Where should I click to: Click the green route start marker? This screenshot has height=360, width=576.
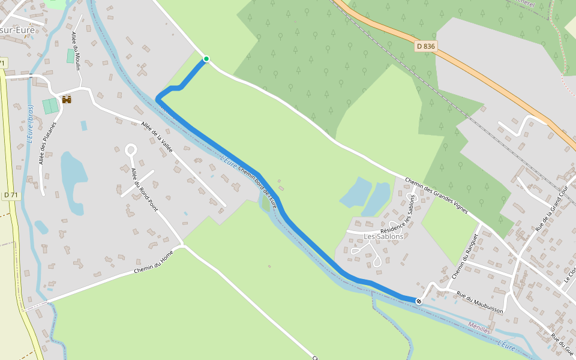[x=206, y=59]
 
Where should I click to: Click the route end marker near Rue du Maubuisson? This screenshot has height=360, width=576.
[x=419, y=301]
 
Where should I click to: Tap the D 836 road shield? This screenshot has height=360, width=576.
[x=425, y=46]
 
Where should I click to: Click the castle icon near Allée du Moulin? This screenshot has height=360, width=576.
[x=67, y=99]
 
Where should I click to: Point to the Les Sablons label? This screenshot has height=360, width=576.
[x=384, y=236]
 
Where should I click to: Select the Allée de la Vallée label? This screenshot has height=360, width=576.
[x=157, y=136]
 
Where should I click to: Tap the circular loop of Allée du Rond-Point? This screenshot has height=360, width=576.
[x=131, y=150]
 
